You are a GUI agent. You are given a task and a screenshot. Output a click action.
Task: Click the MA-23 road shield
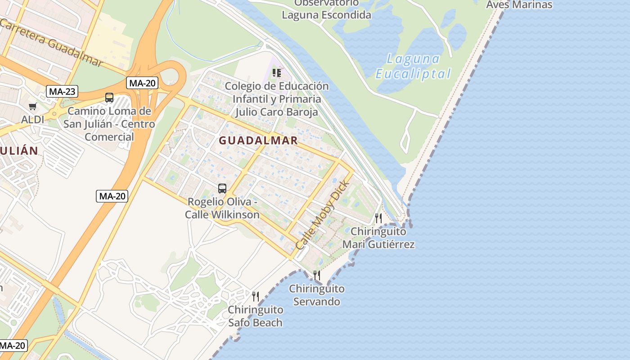(x=62, y=91)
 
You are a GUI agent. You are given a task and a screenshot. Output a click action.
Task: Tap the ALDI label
(x=33, y=120)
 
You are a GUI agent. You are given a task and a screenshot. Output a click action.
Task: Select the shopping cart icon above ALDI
(x=32, y=107)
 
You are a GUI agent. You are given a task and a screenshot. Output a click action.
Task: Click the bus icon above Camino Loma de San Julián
(x=109, y=98)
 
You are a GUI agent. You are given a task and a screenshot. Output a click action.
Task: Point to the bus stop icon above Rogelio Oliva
(x=222, y=189)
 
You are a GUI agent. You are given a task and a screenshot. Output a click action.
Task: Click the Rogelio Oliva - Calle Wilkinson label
(x=222, y=208)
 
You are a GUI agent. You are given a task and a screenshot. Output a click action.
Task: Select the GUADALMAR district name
(x=258, y=140)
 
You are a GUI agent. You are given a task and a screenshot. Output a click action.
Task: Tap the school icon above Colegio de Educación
(x=277, y=72)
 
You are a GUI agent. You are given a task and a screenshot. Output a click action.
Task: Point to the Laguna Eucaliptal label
(x=413, y=66)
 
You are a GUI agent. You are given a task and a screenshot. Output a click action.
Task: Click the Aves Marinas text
(x=519, y=5)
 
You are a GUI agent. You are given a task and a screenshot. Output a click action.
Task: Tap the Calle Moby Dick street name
(x=322, y=216)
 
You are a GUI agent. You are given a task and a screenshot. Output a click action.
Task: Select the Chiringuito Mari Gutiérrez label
(x=378, y=238)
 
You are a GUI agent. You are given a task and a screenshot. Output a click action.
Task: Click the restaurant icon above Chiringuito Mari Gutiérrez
(x=378, y=218)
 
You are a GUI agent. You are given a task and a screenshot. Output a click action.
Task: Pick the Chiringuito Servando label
(x=317, y=295)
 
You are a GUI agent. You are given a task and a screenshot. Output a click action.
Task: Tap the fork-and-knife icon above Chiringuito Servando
(x=317, y=275)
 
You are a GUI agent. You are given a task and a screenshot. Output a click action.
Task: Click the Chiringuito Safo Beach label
(x=255, y=316)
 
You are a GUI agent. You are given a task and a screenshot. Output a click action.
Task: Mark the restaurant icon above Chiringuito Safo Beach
(x=255, y=296)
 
